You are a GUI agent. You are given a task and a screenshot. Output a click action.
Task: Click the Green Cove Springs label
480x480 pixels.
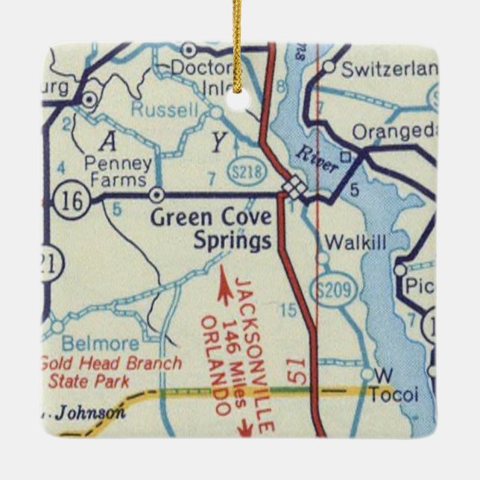click(211, 230)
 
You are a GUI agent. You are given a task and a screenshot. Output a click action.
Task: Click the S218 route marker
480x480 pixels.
click(246, 170)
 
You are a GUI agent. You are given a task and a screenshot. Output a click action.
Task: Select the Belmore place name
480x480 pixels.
click(101, 344)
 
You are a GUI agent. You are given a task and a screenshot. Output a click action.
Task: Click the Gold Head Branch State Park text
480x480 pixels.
click(110, 373)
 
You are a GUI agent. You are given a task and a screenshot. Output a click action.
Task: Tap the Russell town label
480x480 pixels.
click(165, 110)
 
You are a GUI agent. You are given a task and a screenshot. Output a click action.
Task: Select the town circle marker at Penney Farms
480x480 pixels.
click(157, 195)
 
